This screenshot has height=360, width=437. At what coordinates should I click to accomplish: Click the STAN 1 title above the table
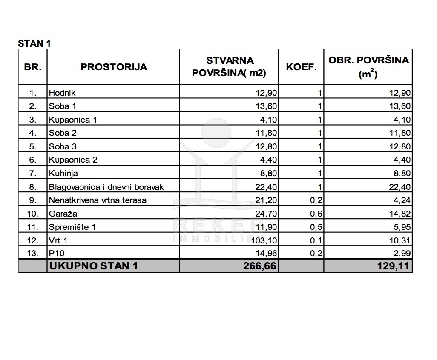pyautogui.click(x=34, y=43)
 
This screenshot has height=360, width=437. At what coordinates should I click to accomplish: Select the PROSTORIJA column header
pyautogui.click(x=114, y=67)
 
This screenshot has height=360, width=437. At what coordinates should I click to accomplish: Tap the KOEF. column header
pyautogui.click(x=301, y=67)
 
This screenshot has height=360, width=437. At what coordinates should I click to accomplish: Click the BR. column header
pyautogui.click(x=33, y=67)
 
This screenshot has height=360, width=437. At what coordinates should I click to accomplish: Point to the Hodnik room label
pyautogui.click(x=62, y=93)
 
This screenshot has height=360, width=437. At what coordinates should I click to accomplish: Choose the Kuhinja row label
pyautogui.click(x=63, y=173)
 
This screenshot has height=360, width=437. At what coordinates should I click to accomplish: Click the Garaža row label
pyautogui.click(x=63, y=214)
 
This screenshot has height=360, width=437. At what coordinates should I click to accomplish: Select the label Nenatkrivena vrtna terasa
pyautogui.click(x=98, y=200)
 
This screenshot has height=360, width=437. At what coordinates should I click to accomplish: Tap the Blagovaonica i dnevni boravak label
pyautogui.click(x=106, y=187)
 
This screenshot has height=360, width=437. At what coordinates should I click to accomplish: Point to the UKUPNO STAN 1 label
pyautogui.click(x=94, y=267)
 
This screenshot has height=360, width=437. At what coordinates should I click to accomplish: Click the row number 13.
pyautogui.click(x=33, y=254)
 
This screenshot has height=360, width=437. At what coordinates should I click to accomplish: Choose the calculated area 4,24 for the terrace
pyautogui.click(x=402, y=200)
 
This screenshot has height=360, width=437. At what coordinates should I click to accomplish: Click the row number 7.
pyautogui.click(x=33, y=173)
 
